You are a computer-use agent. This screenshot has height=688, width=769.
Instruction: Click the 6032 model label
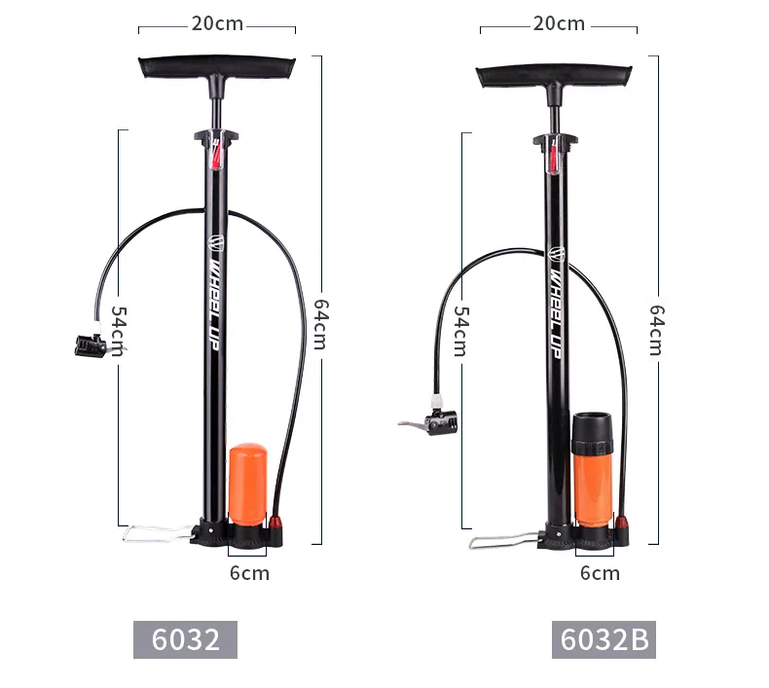(x=185, y=639)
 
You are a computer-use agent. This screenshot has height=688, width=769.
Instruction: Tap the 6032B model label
(x=604, y=639)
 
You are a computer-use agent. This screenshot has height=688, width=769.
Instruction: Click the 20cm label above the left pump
(x=217, y=23)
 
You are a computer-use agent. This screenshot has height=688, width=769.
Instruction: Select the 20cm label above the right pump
(x=559, y=23)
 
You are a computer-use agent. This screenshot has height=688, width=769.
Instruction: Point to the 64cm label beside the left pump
(x=321, y=324)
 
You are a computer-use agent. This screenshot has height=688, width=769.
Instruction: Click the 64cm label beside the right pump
(x=657, y=330)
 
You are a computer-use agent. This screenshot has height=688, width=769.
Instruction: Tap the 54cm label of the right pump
(x=461, y=331)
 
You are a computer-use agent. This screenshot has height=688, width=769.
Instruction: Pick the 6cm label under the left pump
(x=249, y=573)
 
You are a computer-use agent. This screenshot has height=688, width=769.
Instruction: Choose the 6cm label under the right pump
(x=600, y=573)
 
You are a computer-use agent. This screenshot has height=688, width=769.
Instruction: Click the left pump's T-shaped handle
(x=217, y=70)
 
